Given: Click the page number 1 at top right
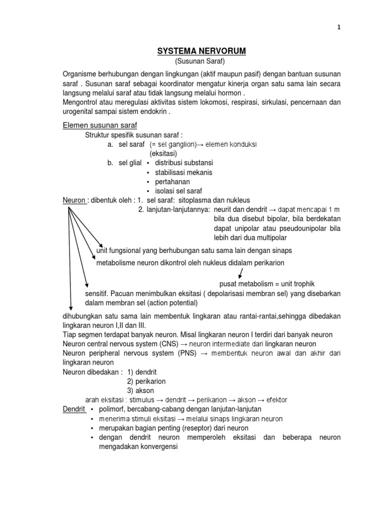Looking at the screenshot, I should [339, 28].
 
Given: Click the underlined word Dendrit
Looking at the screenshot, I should [74, 409].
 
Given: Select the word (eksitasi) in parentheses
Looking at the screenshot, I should [163, 153].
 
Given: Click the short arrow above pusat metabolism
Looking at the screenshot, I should [241, 272].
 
